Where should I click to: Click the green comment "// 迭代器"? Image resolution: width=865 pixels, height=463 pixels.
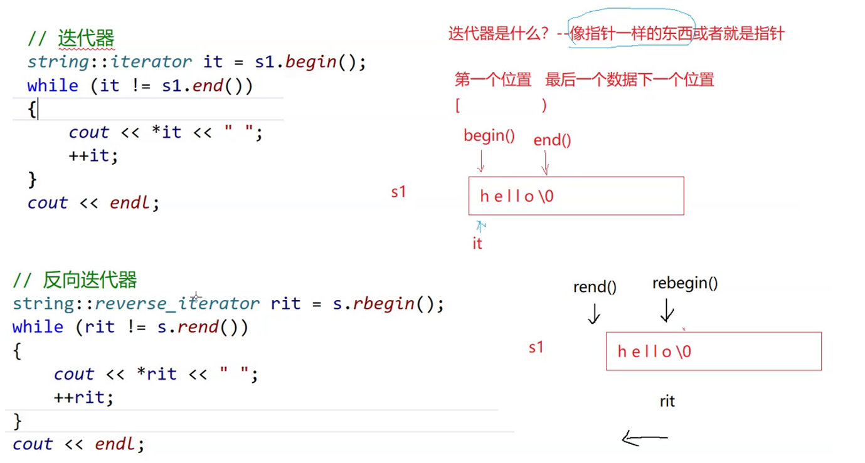coord(71,39)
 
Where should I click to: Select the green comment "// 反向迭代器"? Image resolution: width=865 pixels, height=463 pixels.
coord(75,280)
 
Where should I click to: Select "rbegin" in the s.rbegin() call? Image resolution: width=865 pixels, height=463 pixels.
coord(383,304)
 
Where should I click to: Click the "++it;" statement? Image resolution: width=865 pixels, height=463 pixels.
coord(93,155)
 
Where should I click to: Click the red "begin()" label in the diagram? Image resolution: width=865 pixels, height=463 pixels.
coord(489,136)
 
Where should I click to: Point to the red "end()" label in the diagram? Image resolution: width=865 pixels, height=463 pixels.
coord(552,140)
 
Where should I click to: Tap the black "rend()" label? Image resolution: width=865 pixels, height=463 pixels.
coord(595,288)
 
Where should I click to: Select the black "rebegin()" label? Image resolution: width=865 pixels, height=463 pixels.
coord(685,283)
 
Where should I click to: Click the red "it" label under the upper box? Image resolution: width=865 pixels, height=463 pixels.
coord(477,244)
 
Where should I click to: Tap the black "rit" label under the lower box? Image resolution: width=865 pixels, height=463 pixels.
coord(667,401)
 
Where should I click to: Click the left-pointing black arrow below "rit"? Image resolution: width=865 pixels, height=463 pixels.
coord(644,439)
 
